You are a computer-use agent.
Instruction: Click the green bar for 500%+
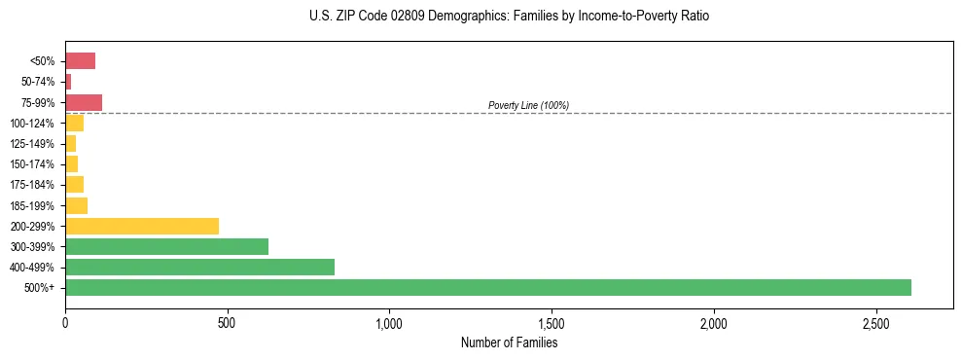pyautogui.click(x=487, y=287)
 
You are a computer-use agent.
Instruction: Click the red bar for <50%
pyautogui.click(x=80, y=61)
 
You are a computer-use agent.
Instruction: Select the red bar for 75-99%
pyautogui.click(x=84, y=102)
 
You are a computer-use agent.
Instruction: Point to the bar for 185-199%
pyautogui.click(x=76, y=205)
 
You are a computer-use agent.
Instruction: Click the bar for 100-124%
pyautogui.click(x=74, y=123)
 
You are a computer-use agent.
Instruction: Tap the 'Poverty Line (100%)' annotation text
pyautogui.click(x=528, y=105)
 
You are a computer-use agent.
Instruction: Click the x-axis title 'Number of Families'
pyautogui.click(x=509, y=342)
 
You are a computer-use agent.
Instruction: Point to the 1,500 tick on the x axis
pyautogui.click(x=552, y=323)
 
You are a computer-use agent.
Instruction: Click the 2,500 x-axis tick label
pyautogui.click(x=875, y=323)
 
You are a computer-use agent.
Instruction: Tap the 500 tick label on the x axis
pyautogui.click(x=227, y=323)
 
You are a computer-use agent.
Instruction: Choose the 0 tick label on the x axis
pyautogui.click(x=65, y=323)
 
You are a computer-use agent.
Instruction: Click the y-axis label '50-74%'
pyautogui.click(x=39, y=82)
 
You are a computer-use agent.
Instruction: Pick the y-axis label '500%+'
pyautogui.click(x=40, y=288)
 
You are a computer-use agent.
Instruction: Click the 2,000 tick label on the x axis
pyautogui.click(x=713, y=323)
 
